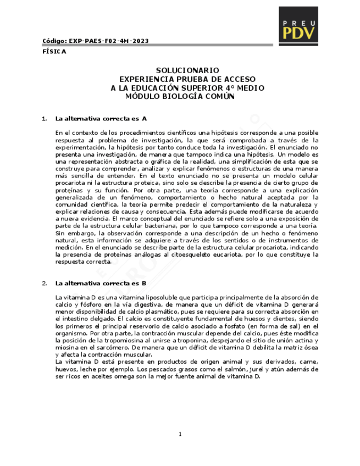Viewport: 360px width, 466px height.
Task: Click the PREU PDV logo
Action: [298, 25]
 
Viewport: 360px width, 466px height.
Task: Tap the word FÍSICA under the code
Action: [54, 52]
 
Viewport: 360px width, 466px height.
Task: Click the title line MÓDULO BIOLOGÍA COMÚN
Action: [180, 96]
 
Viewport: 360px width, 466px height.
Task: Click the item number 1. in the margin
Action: [45, 119]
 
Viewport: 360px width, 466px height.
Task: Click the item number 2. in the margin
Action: [45, 284]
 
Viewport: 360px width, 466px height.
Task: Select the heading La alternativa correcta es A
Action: [101, 119]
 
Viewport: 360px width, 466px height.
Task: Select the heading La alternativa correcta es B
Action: [101, 284]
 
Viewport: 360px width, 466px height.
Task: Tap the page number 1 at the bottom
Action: [180, 435]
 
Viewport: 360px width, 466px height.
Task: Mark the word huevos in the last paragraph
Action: [65, 369]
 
